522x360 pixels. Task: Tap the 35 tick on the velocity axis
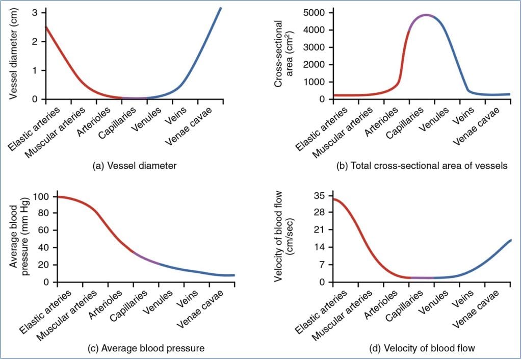pyautogui.click(x=320, y=196)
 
